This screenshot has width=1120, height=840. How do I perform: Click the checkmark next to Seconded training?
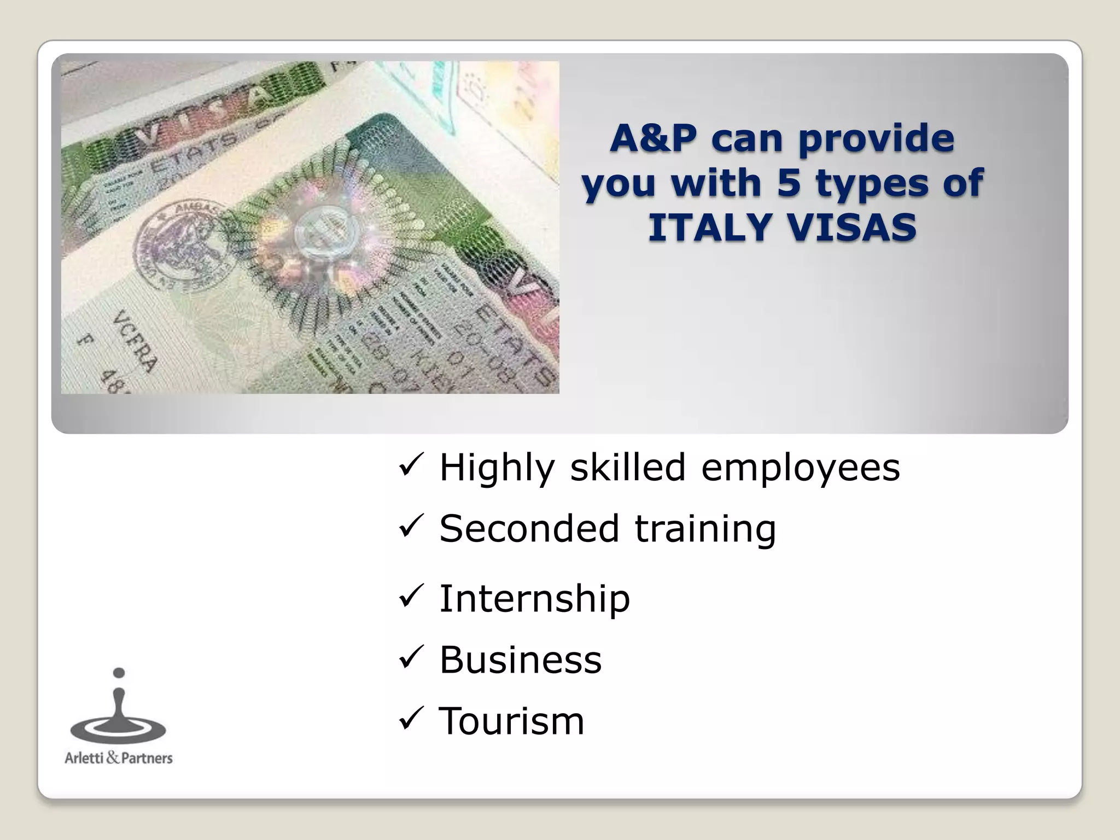click(x=409, y=528)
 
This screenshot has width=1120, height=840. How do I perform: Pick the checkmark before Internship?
click(x=409, y=598)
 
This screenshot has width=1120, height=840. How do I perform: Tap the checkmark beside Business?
click(x=409, y=659)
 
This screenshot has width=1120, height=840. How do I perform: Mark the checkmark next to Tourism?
click(x=409, y=720)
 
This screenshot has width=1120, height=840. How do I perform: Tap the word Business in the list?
click(x=520, y=660)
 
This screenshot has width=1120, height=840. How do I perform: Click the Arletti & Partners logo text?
click(x=119, y=758)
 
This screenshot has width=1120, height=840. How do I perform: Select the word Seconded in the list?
click(x=529, y=528)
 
